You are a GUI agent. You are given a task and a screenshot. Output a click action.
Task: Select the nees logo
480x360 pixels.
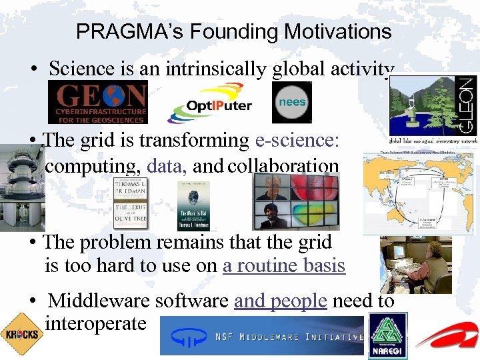(291, 102)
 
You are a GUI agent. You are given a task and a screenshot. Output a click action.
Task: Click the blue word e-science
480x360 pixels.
(297, 141)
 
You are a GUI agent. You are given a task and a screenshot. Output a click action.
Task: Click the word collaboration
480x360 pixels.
(283, 165)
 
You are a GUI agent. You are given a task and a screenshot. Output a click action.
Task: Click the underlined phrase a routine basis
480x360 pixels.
(284, 265)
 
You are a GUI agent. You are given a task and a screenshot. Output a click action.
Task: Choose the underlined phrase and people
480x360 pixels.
(280, 301)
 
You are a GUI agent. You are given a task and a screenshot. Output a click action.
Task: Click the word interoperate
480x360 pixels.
(95, 323)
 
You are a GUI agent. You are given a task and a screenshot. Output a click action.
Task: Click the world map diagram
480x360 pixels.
(417, 193)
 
